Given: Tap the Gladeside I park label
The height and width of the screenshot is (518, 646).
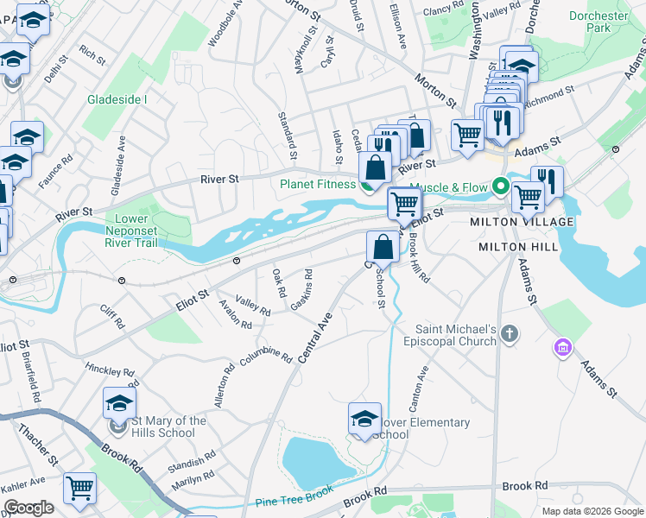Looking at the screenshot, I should click(117, 99).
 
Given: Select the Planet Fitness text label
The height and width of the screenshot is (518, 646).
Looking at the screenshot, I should click(317, 184).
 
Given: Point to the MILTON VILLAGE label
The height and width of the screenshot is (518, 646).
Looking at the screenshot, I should click(516, 222).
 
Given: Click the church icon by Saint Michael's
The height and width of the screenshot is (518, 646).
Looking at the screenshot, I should click(510, 333).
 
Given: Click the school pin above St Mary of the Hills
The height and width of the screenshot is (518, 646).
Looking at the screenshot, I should click(119, 401).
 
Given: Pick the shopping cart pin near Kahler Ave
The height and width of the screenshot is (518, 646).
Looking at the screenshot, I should click(79, 488).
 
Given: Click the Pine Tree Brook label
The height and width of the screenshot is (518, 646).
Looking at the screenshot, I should click(294, 497).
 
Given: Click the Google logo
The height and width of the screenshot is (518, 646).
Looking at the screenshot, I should click(28, 509).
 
